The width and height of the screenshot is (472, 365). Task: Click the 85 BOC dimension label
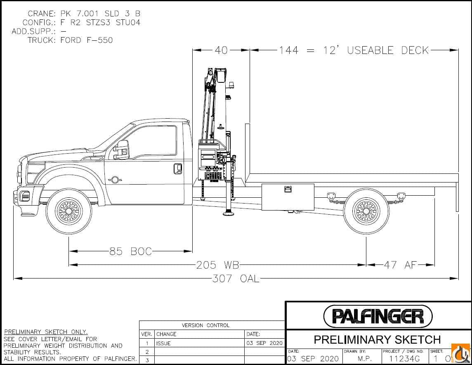[130, 251]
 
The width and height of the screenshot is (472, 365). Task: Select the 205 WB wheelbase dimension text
[217, 265]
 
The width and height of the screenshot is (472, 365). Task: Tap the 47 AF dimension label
[400, 265]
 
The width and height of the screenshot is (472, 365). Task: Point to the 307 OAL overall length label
[236, 278]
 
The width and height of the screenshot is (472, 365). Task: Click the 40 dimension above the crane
[221, 50]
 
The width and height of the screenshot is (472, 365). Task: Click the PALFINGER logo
[378, 316]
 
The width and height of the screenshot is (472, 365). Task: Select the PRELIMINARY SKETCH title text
[377, 339]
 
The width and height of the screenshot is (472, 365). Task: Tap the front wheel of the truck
[69, 212]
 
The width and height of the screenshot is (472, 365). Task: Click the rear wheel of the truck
[366, 211]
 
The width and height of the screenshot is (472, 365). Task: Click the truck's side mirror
[122, 149]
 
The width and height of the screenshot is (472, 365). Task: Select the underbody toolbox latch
[288, 189]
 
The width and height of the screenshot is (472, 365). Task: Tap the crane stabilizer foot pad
[227, 213]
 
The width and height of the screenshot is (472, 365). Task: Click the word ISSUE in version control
[163, 343]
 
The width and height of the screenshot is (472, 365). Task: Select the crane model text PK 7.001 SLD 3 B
[100, 14]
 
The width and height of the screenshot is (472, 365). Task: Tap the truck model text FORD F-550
[86, 40]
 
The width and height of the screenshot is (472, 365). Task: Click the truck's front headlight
[35, 173]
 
